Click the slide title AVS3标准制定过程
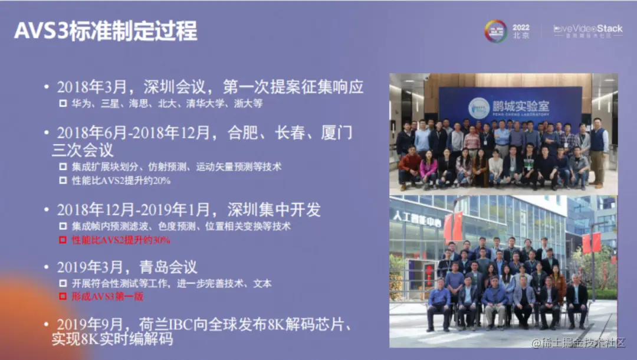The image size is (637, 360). click(106, 31)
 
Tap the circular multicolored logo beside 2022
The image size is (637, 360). click(495, 31)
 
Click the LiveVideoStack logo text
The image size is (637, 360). click(588, 28)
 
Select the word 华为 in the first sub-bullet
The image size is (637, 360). click(78, 103)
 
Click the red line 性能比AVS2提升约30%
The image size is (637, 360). click(121, 240)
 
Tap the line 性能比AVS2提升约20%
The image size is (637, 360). click(121, 181)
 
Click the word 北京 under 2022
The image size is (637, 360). click(521, 37)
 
